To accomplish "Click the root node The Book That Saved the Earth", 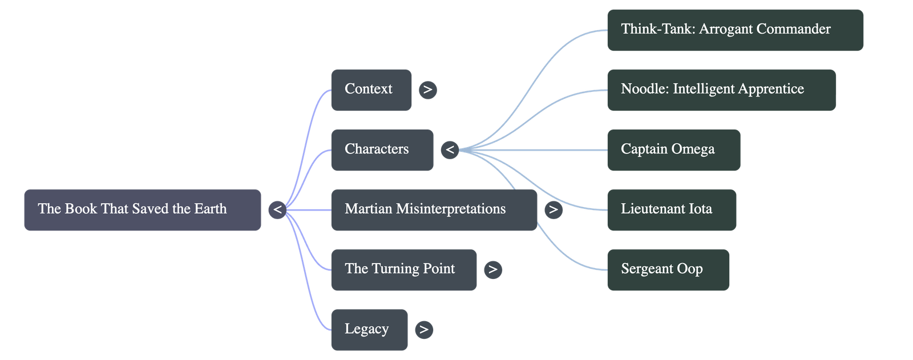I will (x=142, y=209).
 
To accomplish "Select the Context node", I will (x=371, y=90).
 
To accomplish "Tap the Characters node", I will (x=382, y=149).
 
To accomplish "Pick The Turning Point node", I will (x=403, y=269).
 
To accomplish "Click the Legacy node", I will (x=369, y=329).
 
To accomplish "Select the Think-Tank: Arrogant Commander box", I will (x=735, y=30).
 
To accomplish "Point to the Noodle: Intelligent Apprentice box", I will (x=721, y=90).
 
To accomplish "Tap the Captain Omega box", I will (x=673, y=149).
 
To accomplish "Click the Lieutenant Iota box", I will (x=672, y=209).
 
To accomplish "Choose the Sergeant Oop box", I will (x=668, y=269).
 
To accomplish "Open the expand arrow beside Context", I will (x=427, y=90).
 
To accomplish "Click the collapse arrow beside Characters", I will (x=450, y=150).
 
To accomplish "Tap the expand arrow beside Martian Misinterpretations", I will (x=553, y=210).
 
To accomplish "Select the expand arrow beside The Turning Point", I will (x=493, y=269).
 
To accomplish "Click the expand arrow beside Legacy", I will (x=423, y=330).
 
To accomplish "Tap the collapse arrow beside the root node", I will (x=277, y=210).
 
